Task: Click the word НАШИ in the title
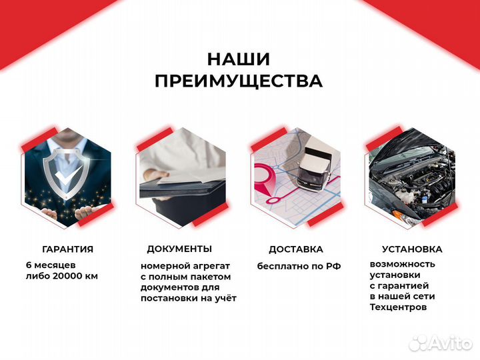[239, 59]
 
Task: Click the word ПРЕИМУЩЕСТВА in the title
[239, 81]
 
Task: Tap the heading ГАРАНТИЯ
[67, 249]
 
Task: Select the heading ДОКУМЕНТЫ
[179, 249]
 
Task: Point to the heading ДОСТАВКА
[295, 249]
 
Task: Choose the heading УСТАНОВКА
[411, 249]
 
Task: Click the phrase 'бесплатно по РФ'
[299, 266]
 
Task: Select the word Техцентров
[398, 307]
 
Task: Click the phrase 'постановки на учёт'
[188, 298]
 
